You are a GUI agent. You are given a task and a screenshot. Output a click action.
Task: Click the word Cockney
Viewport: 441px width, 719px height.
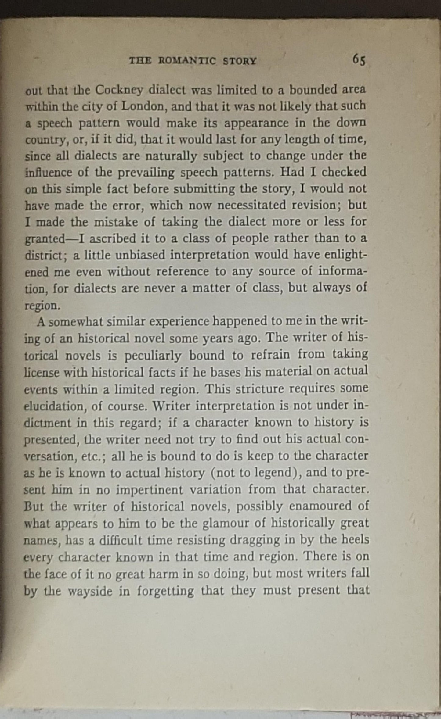pos(119,90)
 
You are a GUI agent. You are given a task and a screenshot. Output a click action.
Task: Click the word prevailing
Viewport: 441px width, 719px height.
pos(146,173)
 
